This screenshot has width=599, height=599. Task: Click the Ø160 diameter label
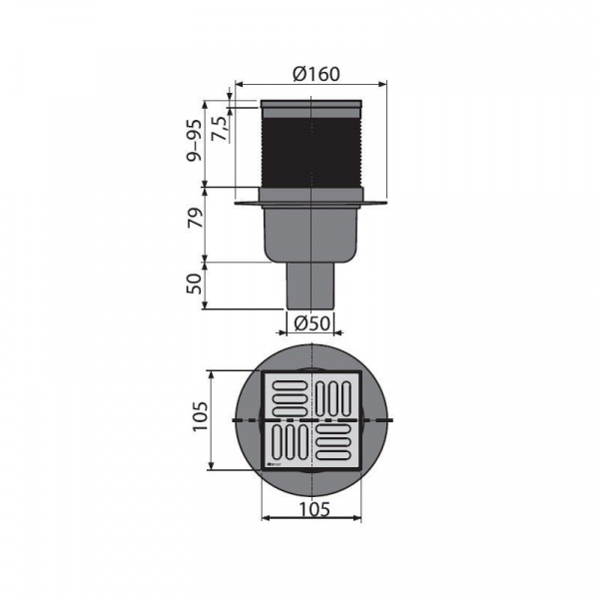coord(316,74)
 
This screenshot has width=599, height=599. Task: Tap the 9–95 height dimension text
coord(194,140)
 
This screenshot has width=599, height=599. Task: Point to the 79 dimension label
coord(195,218)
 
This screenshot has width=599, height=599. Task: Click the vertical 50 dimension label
coord(195,284)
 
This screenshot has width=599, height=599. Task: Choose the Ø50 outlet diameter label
coord(311,323)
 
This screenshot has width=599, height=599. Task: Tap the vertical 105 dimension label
coord(200,416)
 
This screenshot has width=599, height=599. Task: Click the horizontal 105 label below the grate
coord(314,509)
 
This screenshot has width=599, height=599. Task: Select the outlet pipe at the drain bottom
coord(310,286)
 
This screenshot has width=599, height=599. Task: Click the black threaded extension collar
coord(311,152)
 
